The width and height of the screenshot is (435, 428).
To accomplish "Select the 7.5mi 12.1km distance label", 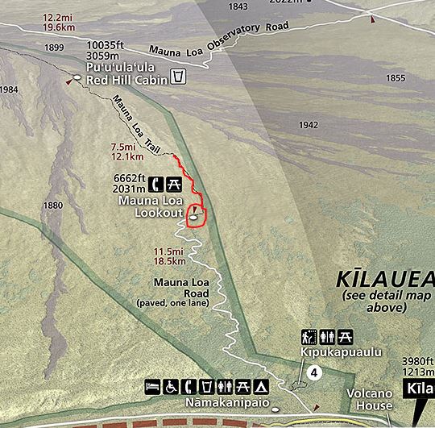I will point(126,152).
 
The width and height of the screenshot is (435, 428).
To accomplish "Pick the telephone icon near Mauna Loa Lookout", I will point(155,183).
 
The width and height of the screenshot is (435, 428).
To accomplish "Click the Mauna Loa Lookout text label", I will point(150,206).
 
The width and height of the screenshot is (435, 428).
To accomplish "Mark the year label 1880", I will point(53,206).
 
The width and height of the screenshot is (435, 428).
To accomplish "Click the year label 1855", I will point(396,78).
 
